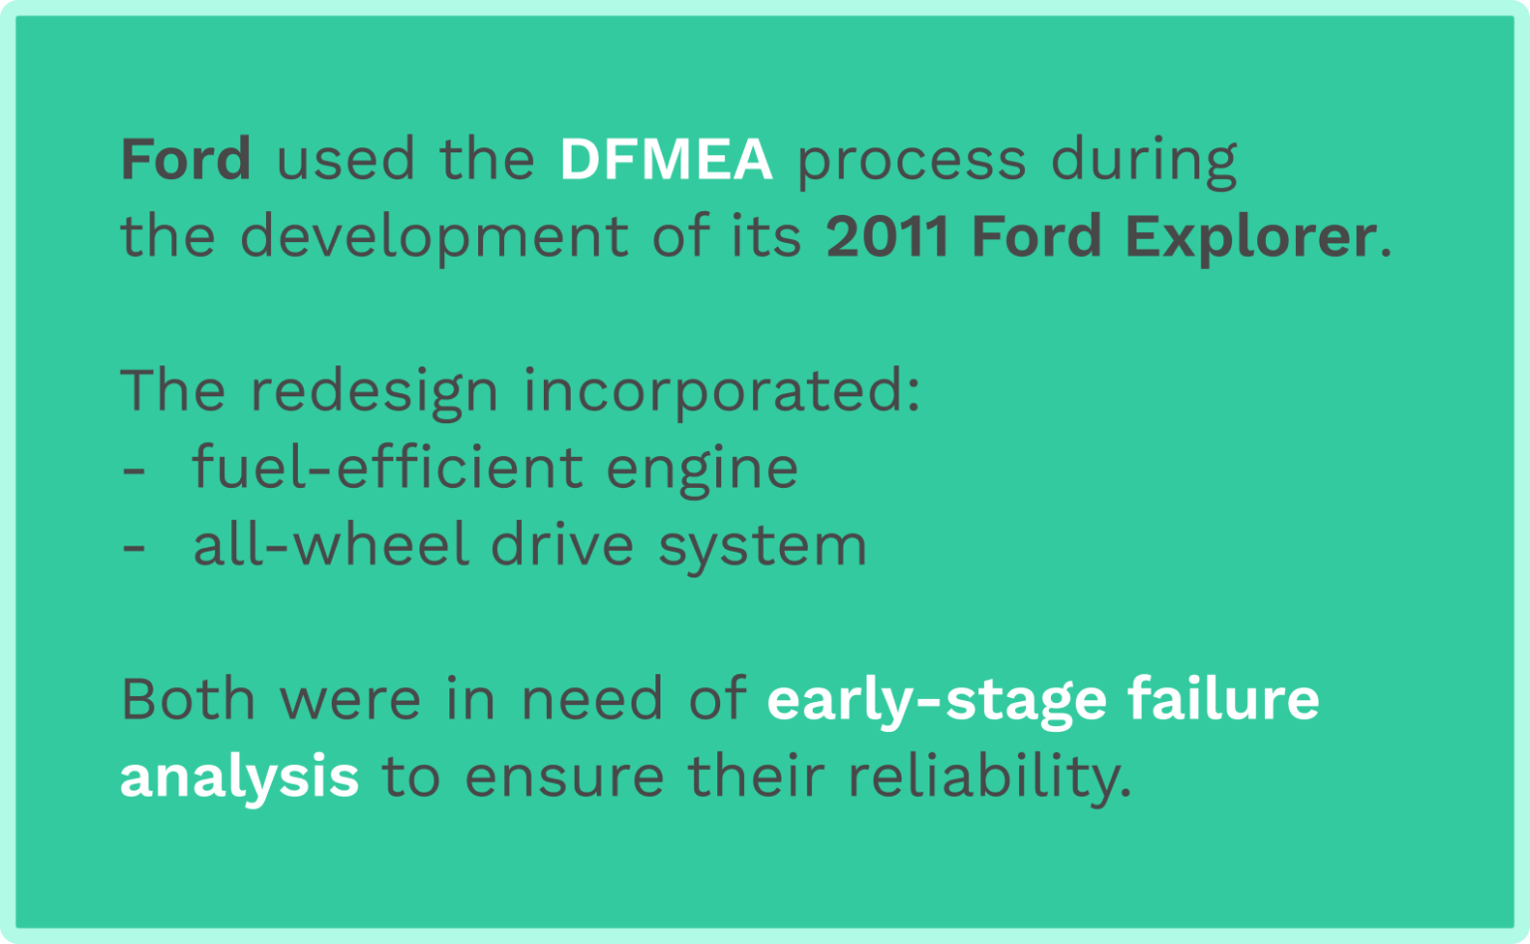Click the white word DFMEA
click(665, 159)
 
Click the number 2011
click(887, 237)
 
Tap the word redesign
click(374, 391)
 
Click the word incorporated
click(721, 391)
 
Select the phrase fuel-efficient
click(387, 467)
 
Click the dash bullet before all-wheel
click(133, 547)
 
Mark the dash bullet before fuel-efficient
click(133, 469)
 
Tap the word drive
click(562, 546)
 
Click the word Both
click(188, 699)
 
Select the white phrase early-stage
click(936, 701)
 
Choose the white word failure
click(1223, 699)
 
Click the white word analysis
click(239, 778)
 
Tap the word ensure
click(564, 778)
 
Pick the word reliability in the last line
click(989, 778)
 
